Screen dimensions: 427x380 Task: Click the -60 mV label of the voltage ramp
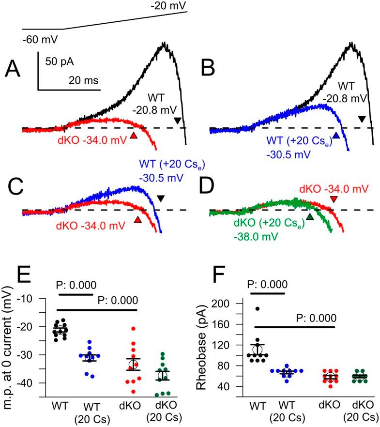[x=37, y=39]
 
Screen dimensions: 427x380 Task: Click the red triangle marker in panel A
[x=134, y=136]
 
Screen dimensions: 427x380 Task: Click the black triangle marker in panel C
[x=161, y=198]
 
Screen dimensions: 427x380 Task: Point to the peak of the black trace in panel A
[x=163, y=44]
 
